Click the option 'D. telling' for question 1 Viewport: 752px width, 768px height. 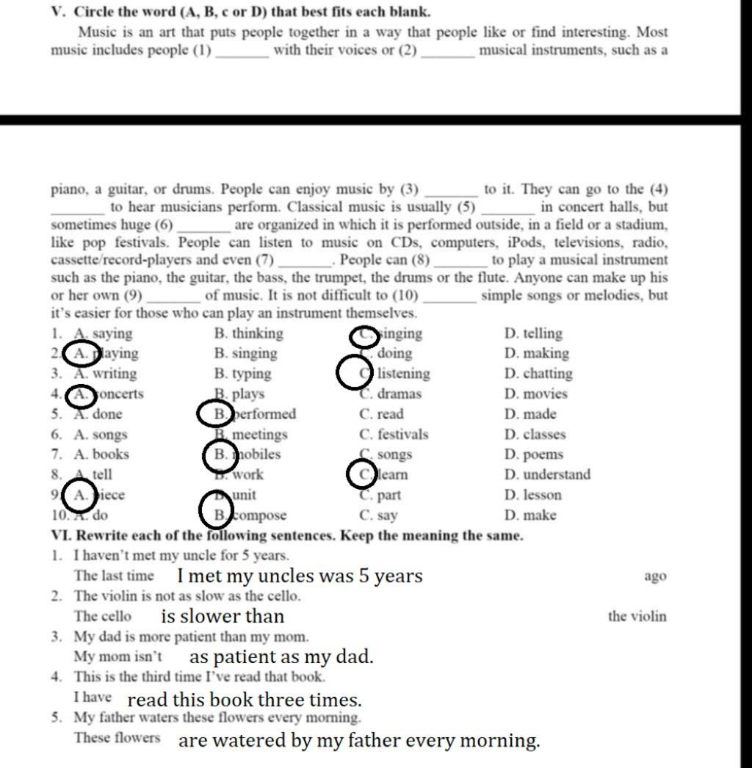tap(533, 334)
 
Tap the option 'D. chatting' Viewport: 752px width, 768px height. tap(538, 374)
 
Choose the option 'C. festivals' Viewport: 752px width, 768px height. tap(394, 435)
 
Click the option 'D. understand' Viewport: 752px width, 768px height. tap(547, 475)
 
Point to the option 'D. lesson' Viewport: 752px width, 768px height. tap(533, 496)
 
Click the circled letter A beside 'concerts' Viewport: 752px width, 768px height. tap(81, 395)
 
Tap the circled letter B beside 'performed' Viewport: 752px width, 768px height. tap(218, 414)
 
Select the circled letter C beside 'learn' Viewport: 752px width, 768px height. tap(364, 475)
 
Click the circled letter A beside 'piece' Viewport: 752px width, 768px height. tap(80, 495)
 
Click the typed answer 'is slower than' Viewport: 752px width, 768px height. tap(223, 616)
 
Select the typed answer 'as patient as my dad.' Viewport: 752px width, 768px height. tap(281, 656)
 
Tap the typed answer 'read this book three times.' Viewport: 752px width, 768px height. tap(245, 699)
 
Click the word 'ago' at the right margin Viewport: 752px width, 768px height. tap(655, 576)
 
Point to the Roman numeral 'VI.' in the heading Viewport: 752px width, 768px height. tap(61, 536)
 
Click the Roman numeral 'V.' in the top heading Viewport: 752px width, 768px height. tap(59, 12)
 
